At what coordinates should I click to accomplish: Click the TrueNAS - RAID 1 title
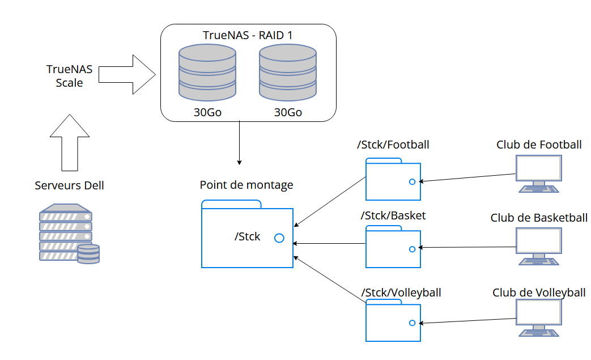point(248,35)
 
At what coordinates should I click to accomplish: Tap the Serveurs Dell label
point(69,185)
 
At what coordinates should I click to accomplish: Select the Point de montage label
point(246,185)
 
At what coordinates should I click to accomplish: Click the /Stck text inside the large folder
point(247,236)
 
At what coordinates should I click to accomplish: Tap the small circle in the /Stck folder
point(279,238)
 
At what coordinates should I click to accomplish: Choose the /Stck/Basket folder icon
point(393,247)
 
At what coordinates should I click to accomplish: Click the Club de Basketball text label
point(538,218)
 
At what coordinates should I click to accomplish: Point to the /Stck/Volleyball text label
point(401,293)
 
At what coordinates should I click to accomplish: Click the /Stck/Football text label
point(393,145)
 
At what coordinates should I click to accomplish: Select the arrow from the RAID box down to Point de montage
point(239,142)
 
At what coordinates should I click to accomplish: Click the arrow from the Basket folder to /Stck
point(329,244)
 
